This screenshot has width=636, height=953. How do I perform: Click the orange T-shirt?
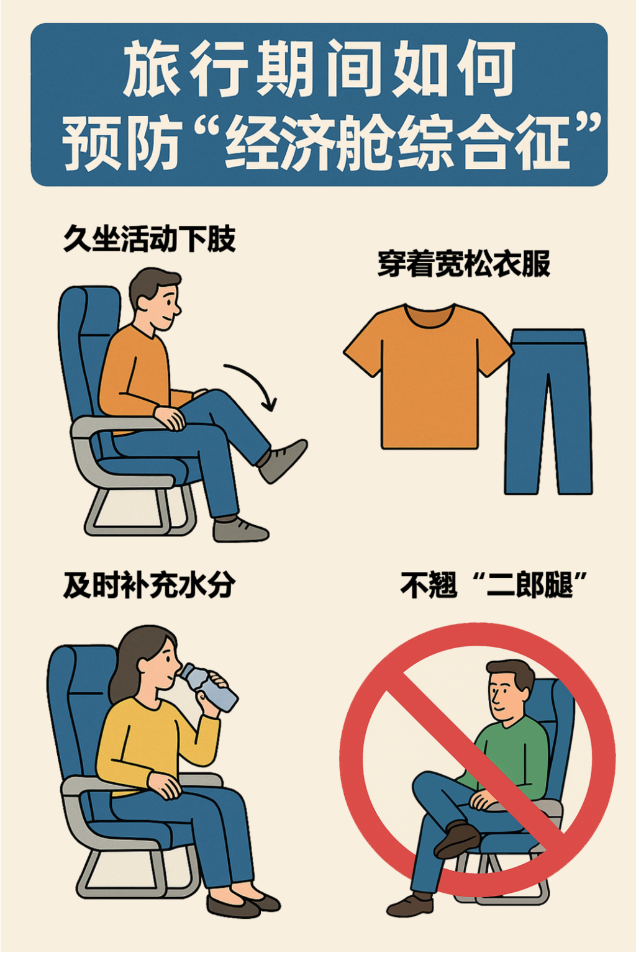point(429,379)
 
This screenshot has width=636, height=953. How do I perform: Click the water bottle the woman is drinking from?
point(209,687)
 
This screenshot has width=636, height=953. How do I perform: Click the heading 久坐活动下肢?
point(150,239)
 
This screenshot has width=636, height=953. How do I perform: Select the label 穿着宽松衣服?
point(464,264)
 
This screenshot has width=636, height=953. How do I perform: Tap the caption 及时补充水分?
point(150,586)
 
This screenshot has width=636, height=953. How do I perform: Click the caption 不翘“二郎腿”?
point(494,586)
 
